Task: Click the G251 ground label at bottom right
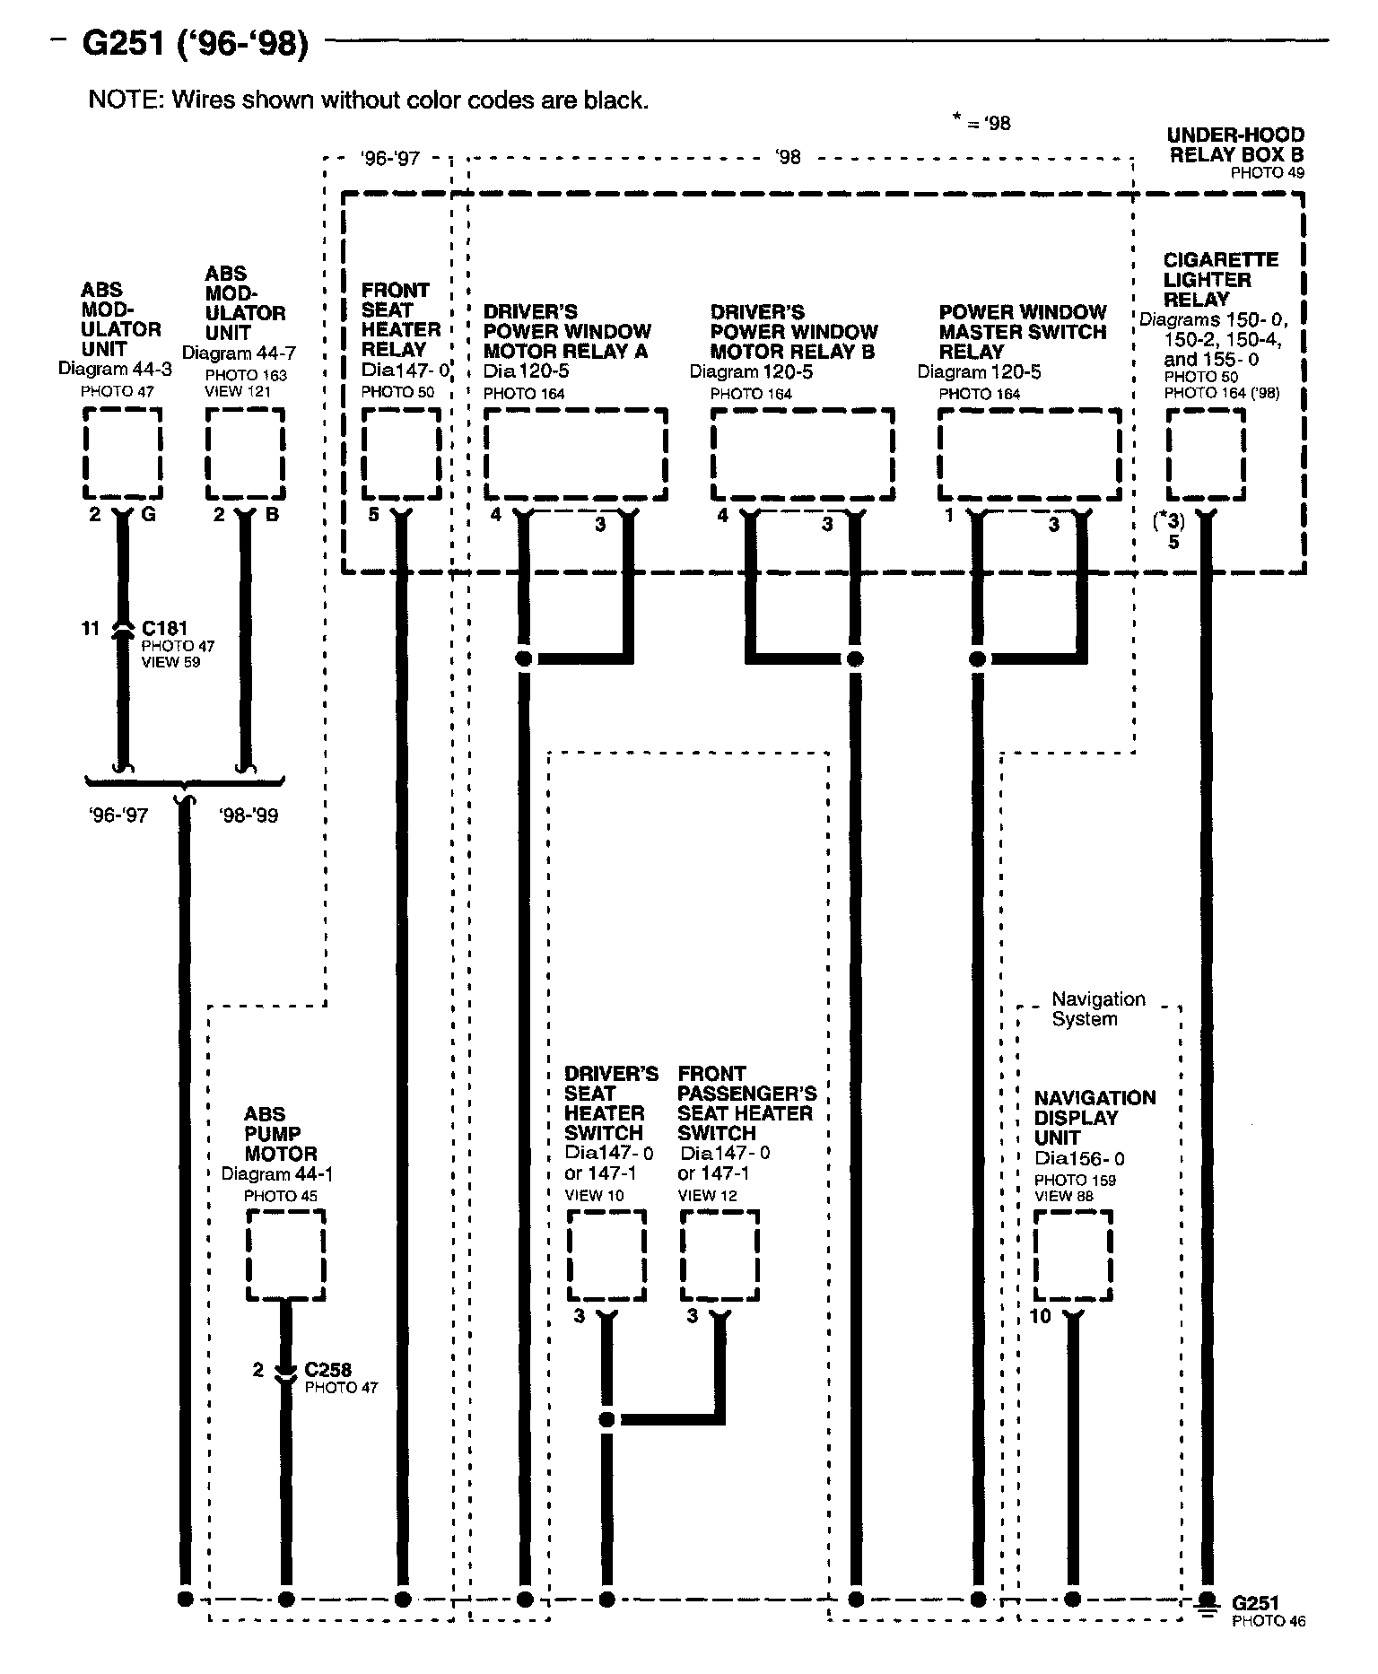[1255, 1602]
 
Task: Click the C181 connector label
[164, 628]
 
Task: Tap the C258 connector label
[327, 1370]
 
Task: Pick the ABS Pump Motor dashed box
[285, 1254]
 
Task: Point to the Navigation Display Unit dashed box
[1073, 1254]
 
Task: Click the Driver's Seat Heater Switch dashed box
[606, 1254]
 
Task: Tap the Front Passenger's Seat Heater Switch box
[719, 1254]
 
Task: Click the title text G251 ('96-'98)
[195, 42]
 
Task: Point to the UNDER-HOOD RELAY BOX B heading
[1235, 144]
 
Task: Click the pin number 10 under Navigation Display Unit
[1040, 1316]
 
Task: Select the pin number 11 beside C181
[91, 629]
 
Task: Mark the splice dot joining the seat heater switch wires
[606, 1419]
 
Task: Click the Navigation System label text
[1096, 1008]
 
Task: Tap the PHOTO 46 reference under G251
[1269, 1620]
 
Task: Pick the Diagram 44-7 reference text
[239, 353]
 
